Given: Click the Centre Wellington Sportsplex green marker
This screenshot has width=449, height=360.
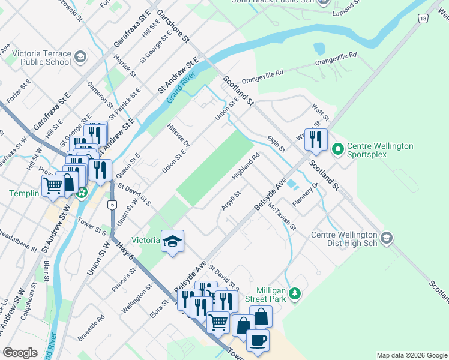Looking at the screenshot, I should click(337, 148).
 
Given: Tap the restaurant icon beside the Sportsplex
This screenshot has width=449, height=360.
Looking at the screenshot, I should click(315, 140).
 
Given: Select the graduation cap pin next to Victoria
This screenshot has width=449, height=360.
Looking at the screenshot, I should click(173, 241).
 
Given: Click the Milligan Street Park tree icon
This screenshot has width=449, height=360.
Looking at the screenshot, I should click(294, 293).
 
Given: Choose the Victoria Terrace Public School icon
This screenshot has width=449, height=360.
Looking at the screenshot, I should click(80, 58).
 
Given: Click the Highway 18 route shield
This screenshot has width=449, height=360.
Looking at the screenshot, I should click(423, 19).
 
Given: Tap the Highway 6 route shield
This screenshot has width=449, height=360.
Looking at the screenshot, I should click(112, 205).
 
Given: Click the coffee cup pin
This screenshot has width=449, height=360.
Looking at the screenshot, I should click(258, 340).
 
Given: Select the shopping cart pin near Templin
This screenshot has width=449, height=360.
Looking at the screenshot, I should click(52, 187).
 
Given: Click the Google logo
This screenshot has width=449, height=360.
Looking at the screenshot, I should click(20, 353).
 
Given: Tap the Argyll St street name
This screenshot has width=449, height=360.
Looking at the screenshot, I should click(231, 200).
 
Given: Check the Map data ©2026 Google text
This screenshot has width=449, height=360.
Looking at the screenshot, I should click(411, 355).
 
